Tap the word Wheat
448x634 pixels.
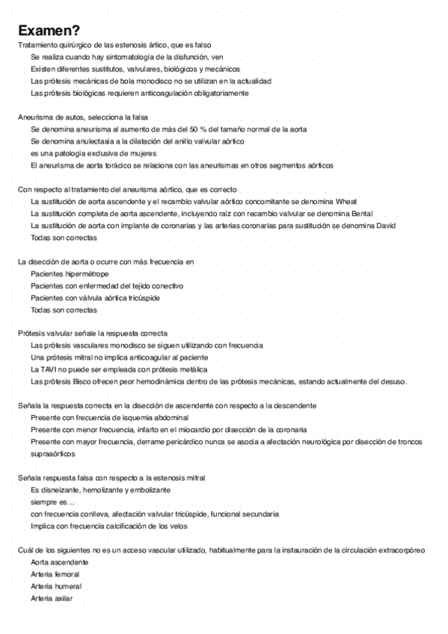pos(346,201)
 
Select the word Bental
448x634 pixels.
pos(360,213)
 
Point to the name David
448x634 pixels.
pos(385,225)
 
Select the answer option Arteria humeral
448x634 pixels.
pos(56,586)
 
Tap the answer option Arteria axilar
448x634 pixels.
pos(52,598)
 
